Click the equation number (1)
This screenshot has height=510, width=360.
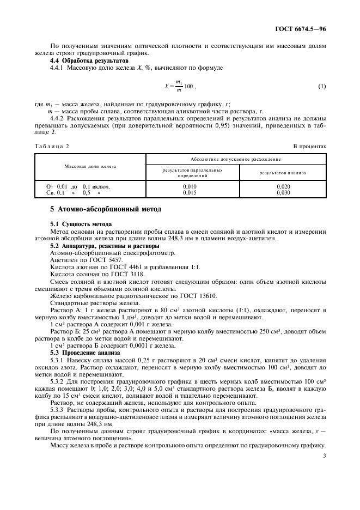coord(321,87)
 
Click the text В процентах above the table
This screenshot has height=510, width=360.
coord(310,147)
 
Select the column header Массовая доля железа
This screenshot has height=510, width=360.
coord(90,166)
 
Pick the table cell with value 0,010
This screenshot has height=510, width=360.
coord(190,186)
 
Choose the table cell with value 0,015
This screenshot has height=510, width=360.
coord(190,192)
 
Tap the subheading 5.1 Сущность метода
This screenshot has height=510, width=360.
coord(81,224)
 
